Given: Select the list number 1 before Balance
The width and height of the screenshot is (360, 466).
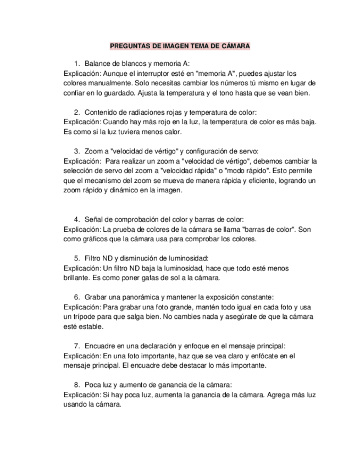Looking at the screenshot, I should coord(76,64).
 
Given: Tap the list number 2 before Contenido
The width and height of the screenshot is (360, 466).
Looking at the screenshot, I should coord(76,112).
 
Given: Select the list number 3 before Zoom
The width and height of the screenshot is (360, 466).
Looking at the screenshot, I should coord(76,151).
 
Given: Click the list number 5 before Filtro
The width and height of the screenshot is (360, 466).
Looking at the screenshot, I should coord(76,258).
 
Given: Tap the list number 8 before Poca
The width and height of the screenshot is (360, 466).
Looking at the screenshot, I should coord(76,385).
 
